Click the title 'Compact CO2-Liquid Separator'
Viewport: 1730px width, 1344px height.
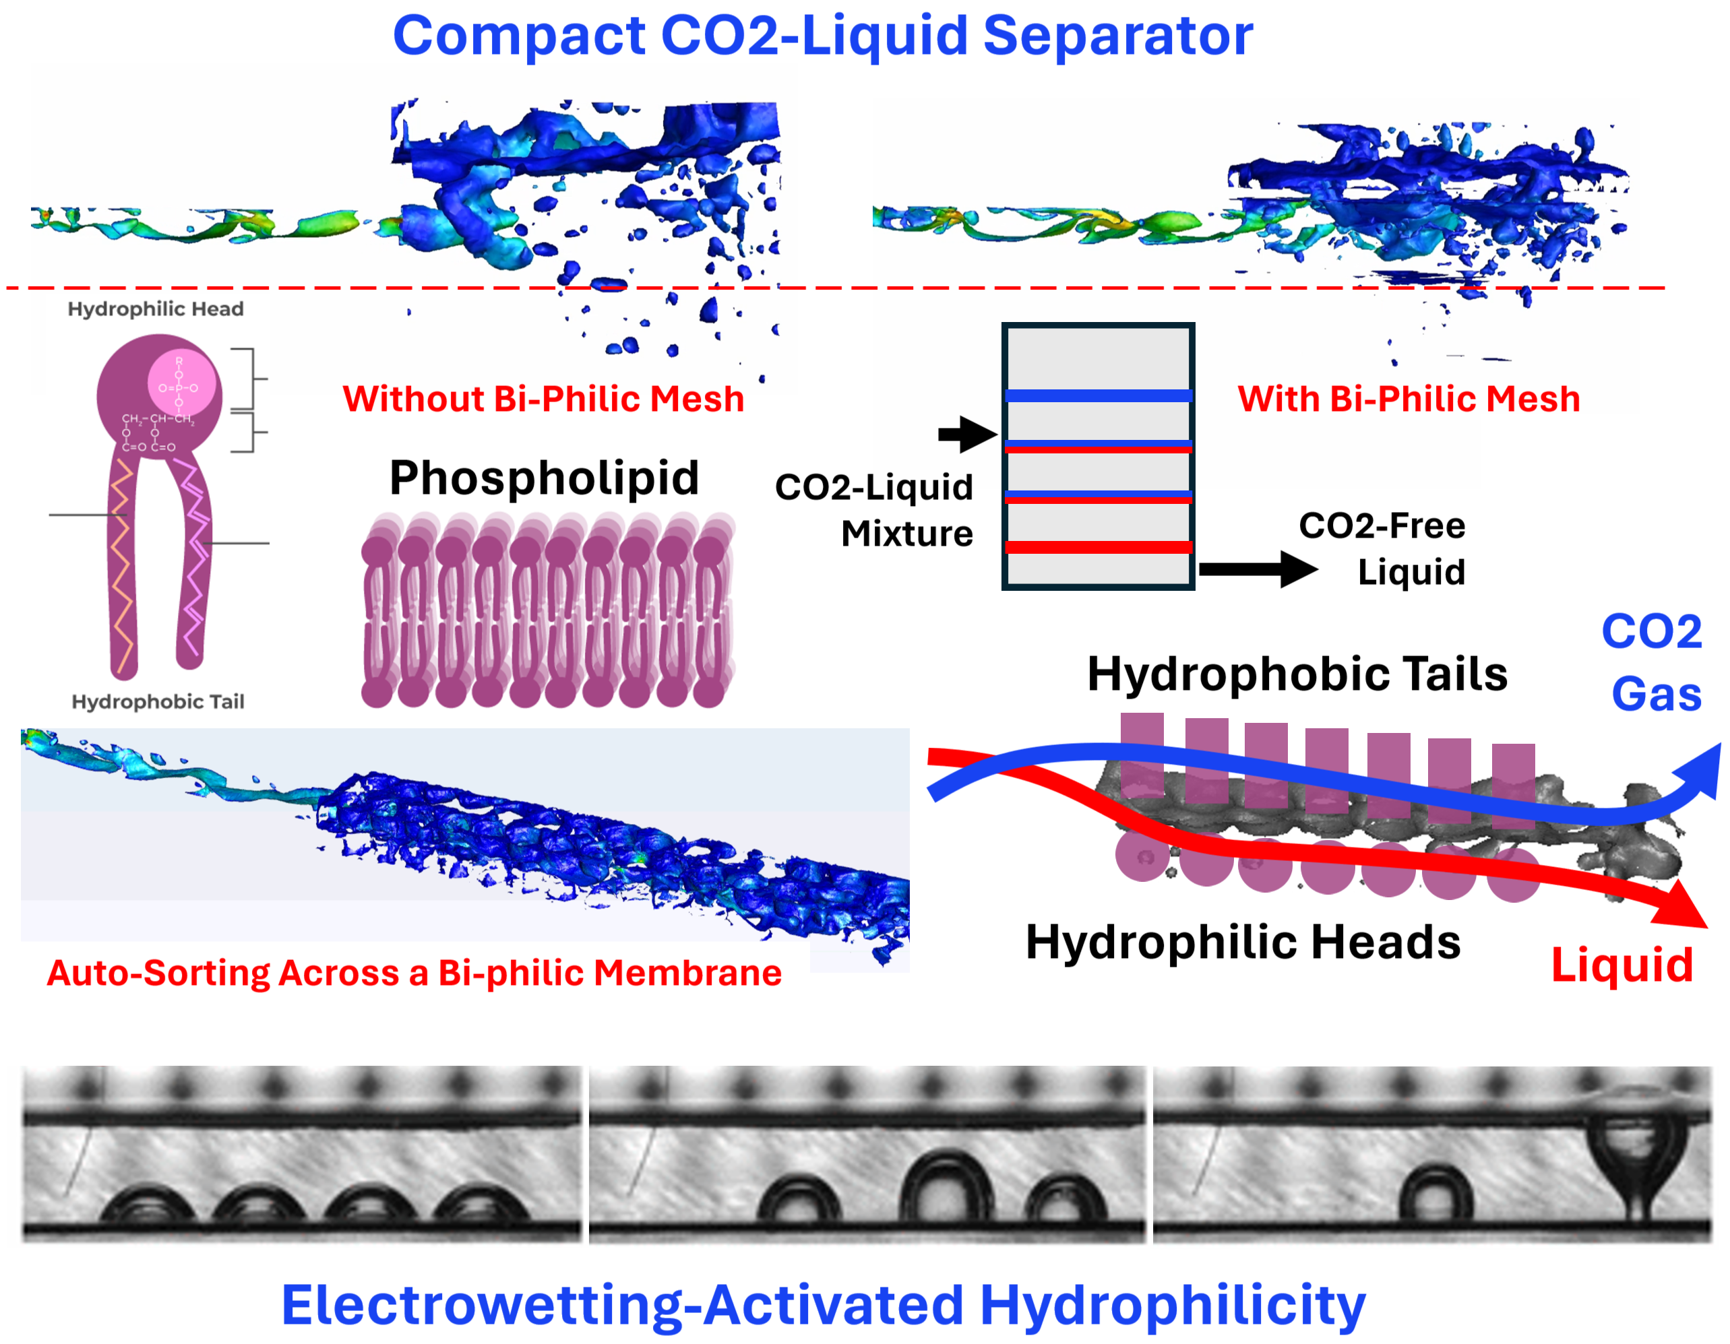pos(822,36)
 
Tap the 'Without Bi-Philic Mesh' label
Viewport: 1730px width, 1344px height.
pos(543,398)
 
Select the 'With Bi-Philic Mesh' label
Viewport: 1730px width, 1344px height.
pos(1409,398)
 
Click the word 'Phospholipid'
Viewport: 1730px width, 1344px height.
pos(544,478)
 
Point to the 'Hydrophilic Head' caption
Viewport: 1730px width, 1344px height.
pos(155,309)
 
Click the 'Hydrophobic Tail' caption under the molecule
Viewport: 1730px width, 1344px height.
pos(158,701)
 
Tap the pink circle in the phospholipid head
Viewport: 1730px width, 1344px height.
pos(181,383)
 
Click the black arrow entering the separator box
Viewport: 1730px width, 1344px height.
pos(967,433)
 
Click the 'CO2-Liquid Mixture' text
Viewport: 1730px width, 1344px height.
pos(873,510)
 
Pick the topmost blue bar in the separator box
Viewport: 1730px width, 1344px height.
pos(1098,395)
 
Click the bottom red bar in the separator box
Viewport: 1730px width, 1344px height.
pos(1098,546)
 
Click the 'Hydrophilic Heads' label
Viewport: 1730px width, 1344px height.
pos(1243,942)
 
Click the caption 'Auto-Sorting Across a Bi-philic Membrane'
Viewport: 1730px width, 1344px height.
pos(414,973)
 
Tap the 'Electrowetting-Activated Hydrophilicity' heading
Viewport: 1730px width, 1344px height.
pos(823,1305)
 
